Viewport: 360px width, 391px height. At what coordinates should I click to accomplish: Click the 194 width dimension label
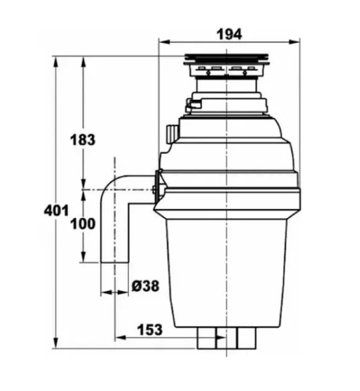click(229, 34)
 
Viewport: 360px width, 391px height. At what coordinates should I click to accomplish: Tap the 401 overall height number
click(56, 211)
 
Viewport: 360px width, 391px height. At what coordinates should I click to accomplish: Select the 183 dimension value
click(83, 140)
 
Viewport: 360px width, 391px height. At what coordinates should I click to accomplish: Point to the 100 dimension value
click(83, 224)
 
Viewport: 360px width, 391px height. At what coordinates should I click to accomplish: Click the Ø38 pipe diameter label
click(145, 286)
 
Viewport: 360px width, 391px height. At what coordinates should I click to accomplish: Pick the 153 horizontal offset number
click(149, 329)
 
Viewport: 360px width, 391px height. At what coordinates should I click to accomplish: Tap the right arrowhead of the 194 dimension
click(294, 42)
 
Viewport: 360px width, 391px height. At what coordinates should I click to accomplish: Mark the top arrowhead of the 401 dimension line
click(56, 62)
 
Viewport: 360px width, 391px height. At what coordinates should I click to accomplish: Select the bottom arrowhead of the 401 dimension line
click(56, 343)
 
